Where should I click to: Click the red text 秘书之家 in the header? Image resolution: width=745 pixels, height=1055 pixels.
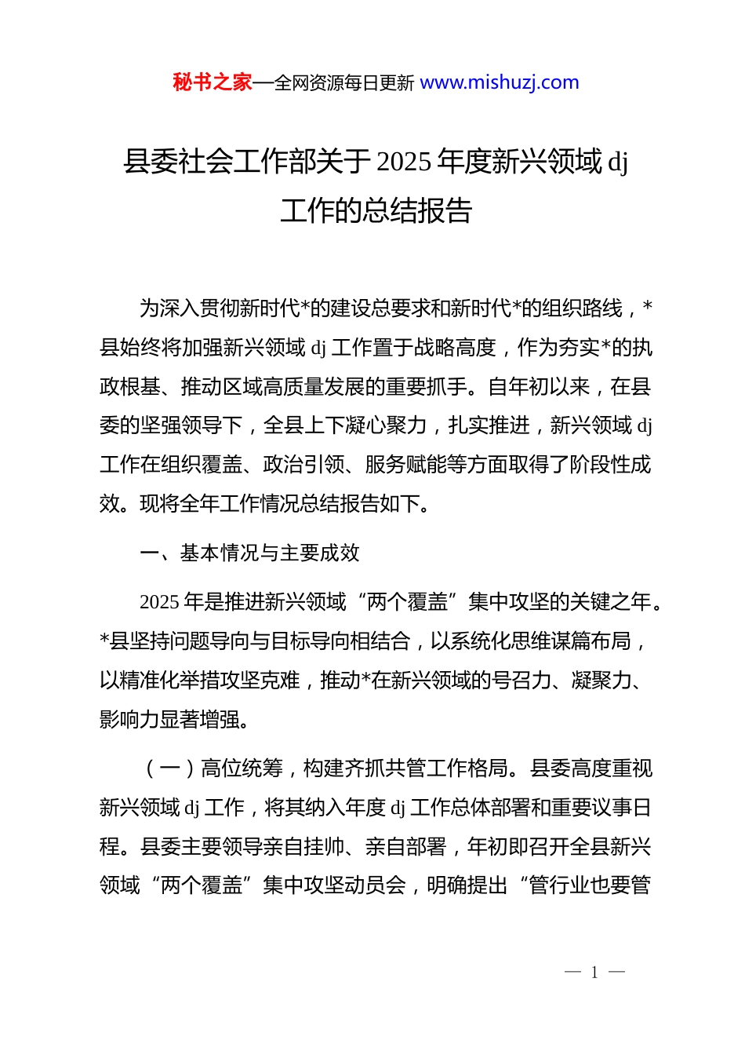point(213,82)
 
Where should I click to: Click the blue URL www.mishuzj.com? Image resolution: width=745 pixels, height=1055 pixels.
point(500,82)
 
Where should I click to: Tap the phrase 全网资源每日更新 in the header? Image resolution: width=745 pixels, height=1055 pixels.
point(344,82)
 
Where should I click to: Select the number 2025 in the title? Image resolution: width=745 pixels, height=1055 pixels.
point(404,162)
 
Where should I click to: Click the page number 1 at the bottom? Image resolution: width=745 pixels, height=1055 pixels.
point(594,973)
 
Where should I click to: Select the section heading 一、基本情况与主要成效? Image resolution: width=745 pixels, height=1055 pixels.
point(250,553)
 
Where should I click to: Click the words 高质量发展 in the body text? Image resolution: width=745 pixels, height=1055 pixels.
point(344,387)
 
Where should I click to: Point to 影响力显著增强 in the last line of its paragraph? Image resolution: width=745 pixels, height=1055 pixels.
point(169,719)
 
